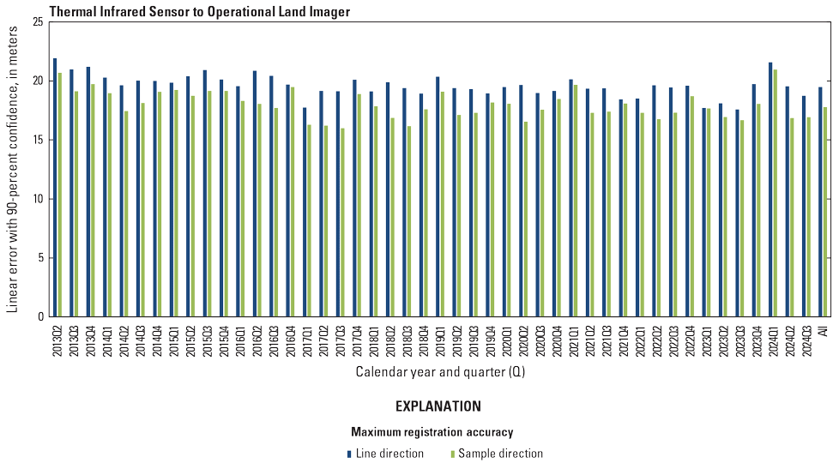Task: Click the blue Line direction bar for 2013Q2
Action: coord(55,188)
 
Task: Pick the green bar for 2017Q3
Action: coord(343,223)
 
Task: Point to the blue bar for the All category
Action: coord(820,201)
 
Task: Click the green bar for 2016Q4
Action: coord(293,201)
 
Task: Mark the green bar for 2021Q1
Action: coord(576,201)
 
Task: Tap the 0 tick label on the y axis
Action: coord(39,317)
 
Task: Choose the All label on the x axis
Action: coord(822,330)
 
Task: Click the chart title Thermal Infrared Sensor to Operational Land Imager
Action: coord(200,11)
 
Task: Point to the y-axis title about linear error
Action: coord(12,169)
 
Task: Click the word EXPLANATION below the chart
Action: coord(438,406)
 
